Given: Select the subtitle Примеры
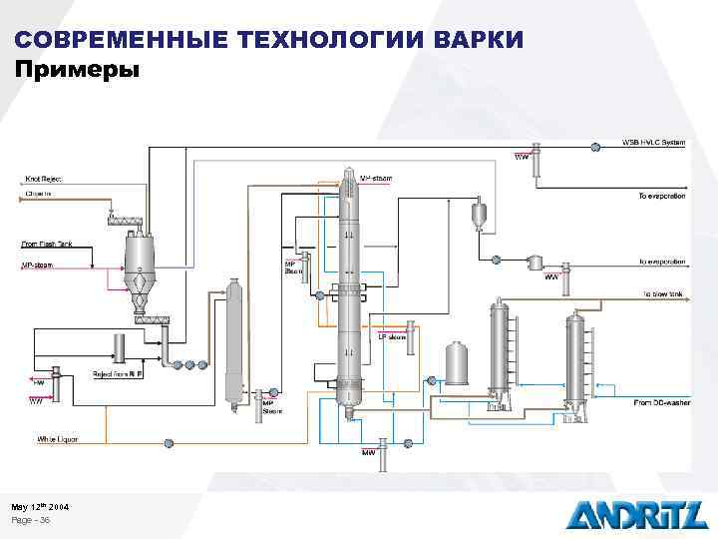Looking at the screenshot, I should [78, 70].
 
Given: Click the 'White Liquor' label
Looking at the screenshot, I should [57, 439].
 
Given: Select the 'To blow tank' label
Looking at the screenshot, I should [662, 294].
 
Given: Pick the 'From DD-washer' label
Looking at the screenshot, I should [659, 402].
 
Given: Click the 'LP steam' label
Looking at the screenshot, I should [392, 337].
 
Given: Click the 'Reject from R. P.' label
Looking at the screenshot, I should [118, 374].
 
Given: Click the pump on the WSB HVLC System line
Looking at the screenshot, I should [595, 147].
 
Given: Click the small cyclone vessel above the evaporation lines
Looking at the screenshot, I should [480, 212].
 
